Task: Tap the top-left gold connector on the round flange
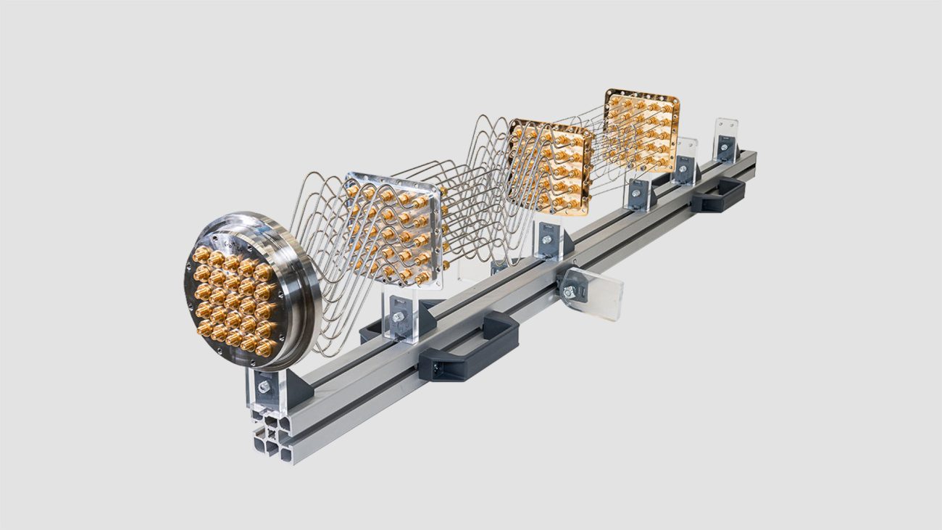200,254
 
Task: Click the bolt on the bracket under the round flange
264,387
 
